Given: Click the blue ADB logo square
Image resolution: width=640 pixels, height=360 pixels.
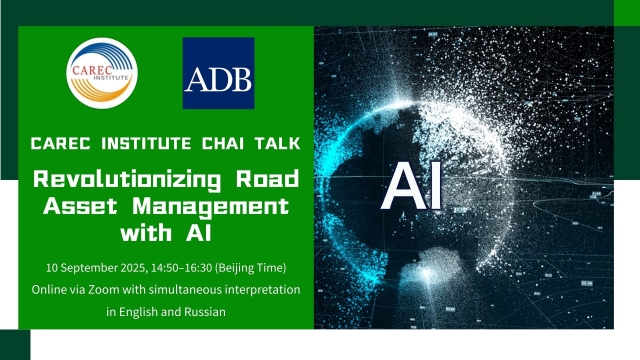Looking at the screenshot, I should click(218, 73).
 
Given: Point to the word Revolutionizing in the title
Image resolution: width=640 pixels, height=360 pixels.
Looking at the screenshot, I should click(124, 182).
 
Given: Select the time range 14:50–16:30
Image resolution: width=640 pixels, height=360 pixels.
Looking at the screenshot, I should click(181, 268).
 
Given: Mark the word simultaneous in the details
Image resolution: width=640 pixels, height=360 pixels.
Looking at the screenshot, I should click(186, 289).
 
